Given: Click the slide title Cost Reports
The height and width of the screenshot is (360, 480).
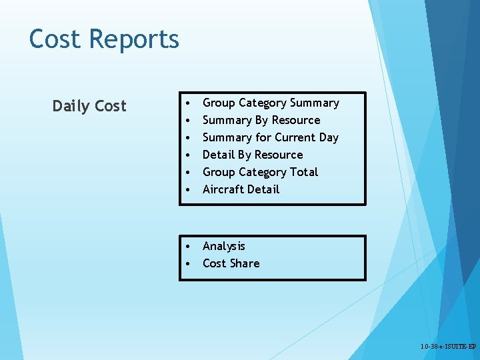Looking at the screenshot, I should tap(104, 39).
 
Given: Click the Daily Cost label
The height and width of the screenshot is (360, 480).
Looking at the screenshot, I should tap(89, 106).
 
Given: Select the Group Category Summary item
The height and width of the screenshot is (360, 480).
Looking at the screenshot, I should tap(271, 103).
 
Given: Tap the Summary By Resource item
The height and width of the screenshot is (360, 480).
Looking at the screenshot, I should tap(261, 120).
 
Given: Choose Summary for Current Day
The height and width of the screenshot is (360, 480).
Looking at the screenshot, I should tap(271, 137).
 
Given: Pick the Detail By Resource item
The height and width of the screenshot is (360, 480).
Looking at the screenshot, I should tap(253, 155).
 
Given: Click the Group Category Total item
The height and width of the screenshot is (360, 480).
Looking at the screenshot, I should tap(261, 172).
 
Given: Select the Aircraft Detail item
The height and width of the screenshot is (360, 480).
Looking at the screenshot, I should tap(241, 189).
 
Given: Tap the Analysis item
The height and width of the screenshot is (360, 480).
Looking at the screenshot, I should tap(224, 246).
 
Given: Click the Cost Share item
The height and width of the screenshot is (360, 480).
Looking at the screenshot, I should tap(231, 263).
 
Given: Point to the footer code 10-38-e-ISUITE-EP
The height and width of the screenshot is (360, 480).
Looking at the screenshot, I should tap(448, 347).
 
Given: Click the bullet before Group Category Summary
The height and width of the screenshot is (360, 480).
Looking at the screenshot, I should tap(190, 103).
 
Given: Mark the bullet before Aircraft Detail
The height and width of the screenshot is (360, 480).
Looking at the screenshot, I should tap(190, 190).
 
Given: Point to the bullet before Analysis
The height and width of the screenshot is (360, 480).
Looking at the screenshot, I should tap(190, 247).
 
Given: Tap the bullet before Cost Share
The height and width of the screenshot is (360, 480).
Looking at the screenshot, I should tap(190, 264).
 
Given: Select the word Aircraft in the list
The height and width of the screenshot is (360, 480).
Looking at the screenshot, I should tap(223, 189).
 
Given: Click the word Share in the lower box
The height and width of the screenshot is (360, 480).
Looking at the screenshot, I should tap(245, 263).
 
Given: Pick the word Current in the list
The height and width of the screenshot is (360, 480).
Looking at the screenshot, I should tap(295, 137).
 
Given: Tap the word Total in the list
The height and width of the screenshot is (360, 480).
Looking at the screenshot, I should tap(304, 172).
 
